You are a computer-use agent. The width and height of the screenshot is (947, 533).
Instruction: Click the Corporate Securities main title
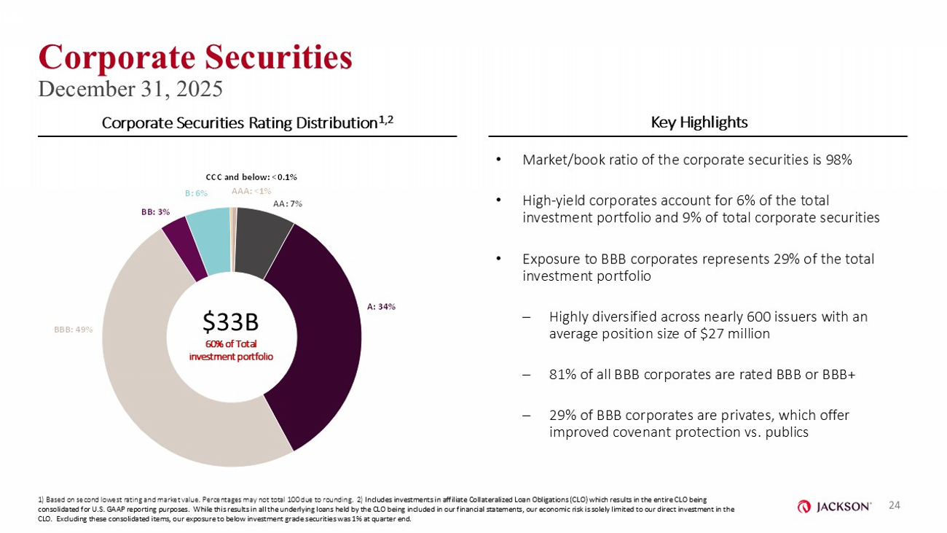click(195, 57)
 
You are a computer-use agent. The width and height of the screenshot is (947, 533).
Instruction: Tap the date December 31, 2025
click(130, 88)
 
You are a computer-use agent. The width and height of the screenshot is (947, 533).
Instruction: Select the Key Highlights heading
click(699, 122)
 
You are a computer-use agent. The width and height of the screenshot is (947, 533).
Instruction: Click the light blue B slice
click(209, 241)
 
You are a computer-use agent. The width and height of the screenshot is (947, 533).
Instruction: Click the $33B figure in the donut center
click(231, 321)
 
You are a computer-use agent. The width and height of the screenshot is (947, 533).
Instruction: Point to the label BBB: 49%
click(73, 330)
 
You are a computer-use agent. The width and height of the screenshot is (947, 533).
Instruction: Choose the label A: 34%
click(381, 307)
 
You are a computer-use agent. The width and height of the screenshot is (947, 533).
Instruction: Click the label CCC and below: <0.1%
click(251, 177)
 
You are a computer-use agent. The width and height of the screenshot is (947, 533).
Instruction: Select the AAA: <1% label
click(251, 192)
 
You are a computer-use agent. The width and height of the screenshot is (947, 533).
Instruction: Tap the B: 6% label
click(196, 193)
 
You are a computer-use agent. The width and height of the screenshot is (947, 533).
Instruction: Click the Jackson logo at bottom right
click(835, 506)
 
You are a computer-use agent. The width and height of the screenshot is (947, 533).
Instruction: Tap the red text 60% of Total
click(231, 344)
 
